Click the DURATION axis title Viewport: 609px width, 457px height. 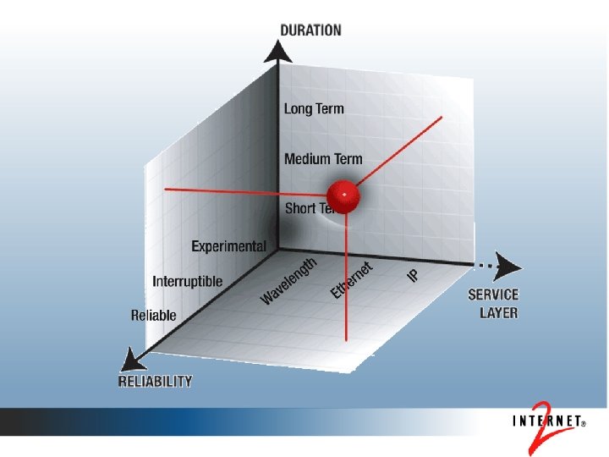coord(311,30)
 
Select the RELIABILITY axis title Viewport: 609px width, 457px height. coord(155,381)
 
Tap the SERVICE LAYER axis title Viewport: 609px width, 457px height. coord(494,304)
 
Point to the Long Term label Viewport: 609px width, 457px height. coord(314,108)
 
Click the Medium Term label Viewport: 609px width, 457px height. coord(323,158)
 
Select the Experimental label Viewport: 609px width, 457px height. coord(228,247)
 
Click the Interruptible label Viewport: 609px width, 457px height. coord(188,281)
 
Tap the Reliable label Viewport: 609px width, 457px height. coord(154,315)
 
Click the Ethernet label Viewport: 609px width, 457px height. coord(352,280)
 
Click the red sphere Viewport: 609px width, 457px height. coord(343,197)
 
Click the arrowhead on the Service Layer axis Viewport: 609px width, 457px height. coord(508,265)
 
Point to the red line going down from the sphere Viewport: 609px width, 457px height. coord(347,279)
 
